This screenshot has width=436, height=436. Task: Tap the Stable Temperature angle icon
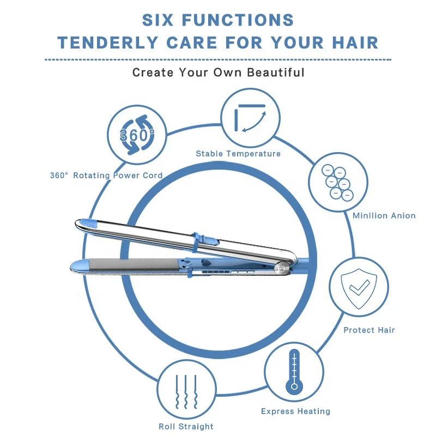pyautogui.click(x=250, y=117)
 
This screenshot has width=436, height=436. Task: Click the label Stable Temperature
pyautogui.click(x=238, y=154)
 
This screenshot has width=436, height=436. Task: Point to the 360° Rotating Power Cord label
pyautogui.click(x=106, y=175)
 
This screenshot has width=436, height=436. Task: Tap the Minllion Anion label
pyautogui.click(x=384, y=216)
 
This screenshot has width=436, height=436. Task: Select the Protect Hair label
pyautogui.click(x=369, y=330)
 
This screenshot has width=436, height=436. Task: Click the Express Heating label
pyautogui.click(x=295, y=411)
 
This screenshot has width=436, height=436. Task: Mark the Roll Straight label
pyautogui.click(x=186, y=426)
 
